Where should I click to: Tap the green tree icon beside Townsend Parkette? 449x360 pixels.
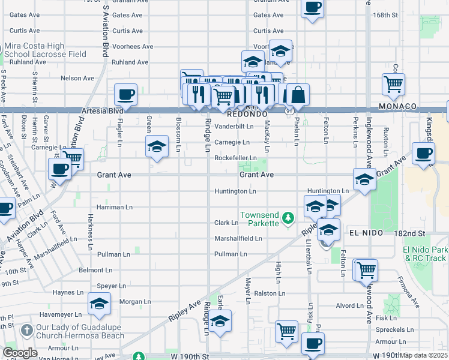click(289, 217)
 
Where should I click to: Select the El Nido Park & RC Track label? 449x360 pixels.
click(425, 254)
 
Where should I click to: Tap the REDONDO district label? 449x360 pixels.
click(246, 113)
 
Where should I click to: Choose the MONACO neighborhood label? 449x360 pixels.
click(398, 106)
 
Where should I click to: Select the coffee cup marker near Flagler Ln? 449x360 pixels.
click(125, 95)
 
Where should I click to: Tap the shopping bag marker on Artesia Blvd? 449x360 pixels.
click(298, 94)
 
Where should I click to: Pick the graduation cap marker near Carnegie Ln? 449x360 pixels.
click(157, 146)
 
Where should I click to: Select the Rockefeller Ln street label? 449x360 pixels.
click(236, 158)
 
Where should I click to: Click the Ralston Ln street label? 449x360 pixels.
click(270, 293)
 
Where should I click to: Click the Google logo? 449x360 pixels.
click(19, 353)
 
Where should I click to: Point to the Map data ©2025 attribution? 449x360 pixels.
click(424, 355)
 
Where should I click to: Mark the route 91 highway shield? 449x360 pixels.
click(289, 111)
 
